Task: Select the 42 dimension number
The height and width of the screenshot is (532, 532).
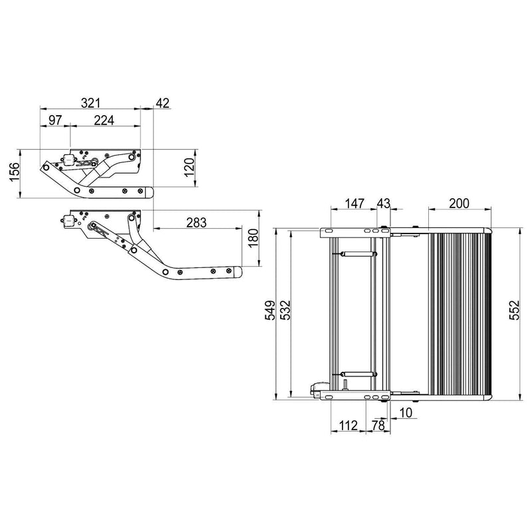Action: coord(162,103)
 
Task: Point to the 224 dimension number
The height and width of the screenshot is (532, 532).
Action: coord(103,120)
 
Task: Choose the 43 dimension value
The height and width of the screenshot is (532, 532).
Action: coord(384,203)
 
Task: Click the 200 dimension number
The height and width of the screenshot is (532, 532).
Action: coord(459,203)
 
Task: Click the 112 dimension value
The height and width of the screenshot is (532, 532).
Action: coord(347,425)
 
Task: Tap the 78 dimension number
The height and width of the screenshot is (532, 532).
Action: coord(377,425)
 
